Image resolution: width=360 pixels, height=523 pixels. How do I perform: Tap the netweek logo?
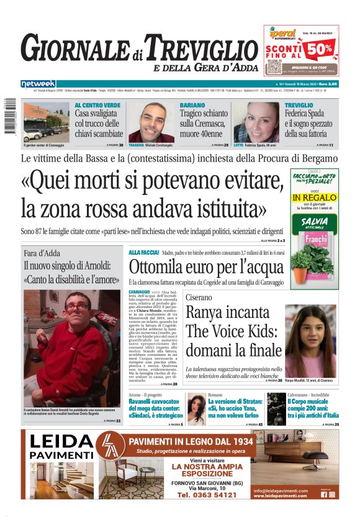(x=38, y=84)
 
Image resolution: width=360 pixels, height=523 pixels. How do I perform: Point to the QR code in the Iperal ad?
(x=274, y=66)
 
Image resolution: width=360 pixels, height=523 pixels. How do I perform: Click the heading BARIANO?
(x=192, y=105)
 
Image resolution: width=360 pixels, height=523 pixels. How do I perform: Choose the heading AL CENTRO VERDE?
(x=97, y=105)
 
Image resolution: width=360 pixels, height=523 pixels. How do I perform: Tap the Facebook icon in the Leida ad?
(x=323, y=494)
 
